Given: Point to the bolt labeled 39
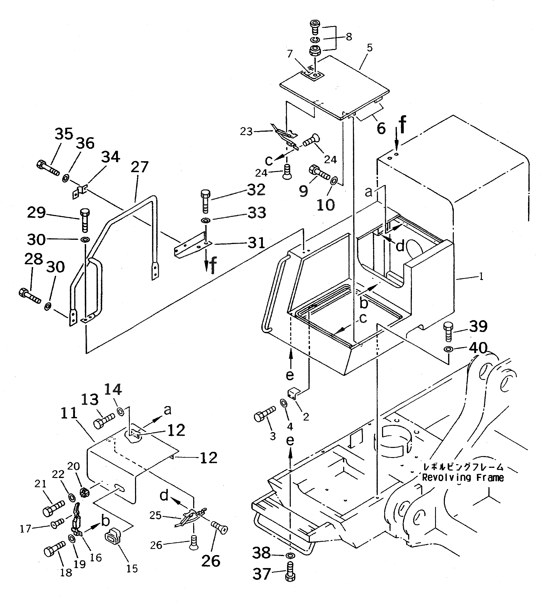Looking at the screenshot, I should point(448,331).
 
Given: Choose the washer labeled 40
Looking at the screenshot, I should point(448,349).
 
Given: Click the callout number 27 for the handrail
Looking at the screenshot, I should point(139,167).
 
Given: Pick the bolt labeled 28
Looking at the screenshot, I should point(29,295).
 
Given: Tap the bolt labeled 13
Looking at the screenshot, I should point(104,421).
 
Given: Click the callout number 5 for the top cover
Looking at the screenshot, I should point(369,48).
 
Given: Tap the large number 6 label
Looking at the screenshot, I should point(381,129).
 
